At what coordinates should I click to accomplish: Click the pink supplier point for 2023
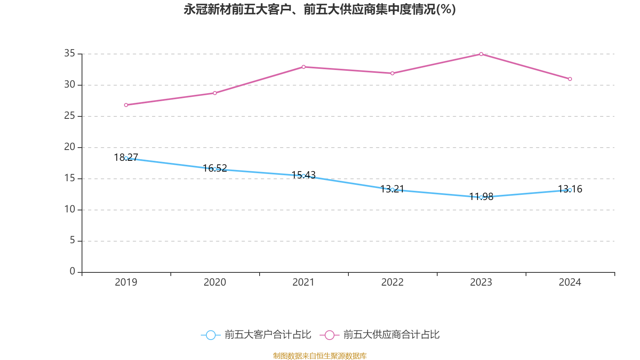481,54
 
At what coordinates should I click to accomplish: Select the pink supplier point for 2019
126,105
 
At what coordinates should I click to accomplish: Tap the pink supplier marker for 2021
304,67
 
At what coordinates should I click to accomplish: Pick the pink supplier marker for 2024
570,79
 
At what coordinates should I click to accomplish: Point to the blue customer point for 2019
126,158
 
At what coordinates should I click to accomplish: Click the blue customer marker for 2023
481,197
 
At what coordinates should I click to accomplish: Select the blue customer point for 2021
304,176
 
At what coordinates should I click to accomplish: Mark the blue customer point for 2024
570,190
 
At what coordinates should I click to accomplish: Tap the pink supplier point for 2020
215,93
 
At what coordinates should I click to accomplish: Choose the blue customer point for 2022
392,190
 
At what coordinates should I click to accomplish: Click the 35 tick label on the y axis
70,53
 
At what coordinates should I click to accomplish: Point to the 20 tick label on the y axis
70,147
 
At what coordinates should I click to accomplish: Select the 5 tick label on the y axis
72,240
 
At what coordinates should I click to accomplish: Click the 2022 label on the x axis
392,282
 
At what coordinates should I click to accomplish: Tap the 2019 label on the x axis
126,282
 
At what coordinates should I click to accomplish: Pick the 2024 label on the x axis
570,282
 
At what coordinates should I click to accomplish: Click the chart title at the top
320,10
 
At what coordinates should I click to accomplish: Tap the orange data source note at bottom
320,356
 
